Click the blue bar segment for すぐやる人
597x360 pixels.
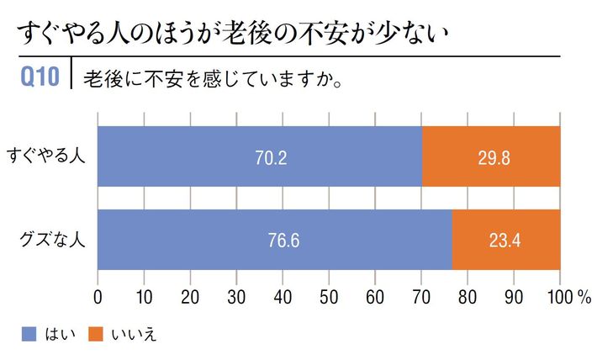coord(260,156)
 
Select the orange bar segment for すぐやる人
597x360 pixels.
coord(491,156)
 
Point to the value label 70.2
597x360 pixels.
coord(271,157)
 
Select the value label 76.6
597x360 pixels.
coord(283,240)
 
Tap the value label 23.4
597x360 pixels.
coord(505,240)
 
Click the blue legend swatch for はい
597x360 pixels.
coord(25,334)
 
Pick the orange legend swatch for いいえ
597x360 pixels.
coord(94,334)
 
